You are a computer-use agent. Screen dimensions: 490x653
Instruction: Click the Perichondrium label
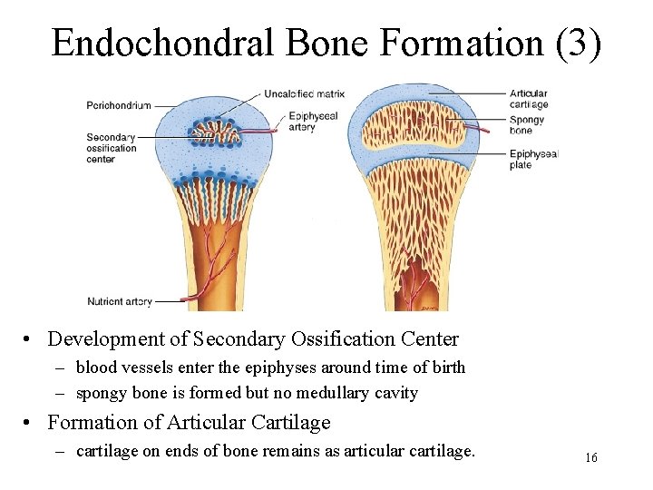pyautogui.click(x=118, y=105)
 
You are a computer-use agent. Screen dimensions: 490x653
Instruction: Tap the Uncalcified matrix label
pyautogui.click(x=305, y=93)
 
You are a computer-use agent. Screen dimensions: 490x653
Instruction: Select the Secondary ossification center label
pyautogui.click(x=111, y=148)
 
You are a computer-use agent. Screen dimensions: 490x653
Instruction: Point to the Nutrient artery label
pyautogui.click(x=118, y=300)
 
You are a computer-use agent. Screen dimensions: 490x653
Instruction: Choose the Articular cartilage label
pyautogui.click(x=528, y=99)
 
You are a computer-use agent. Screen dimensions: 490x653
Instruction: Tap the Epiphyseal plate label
pyautogui.click(x=533, y=160)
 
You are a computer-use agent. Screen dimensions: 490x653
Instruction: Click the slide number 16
pyautogui.click(x=590, y=457)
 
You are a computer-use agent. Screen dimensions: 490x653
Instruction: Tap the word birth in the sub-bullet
pyautogui.click(x=444, y=367)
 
